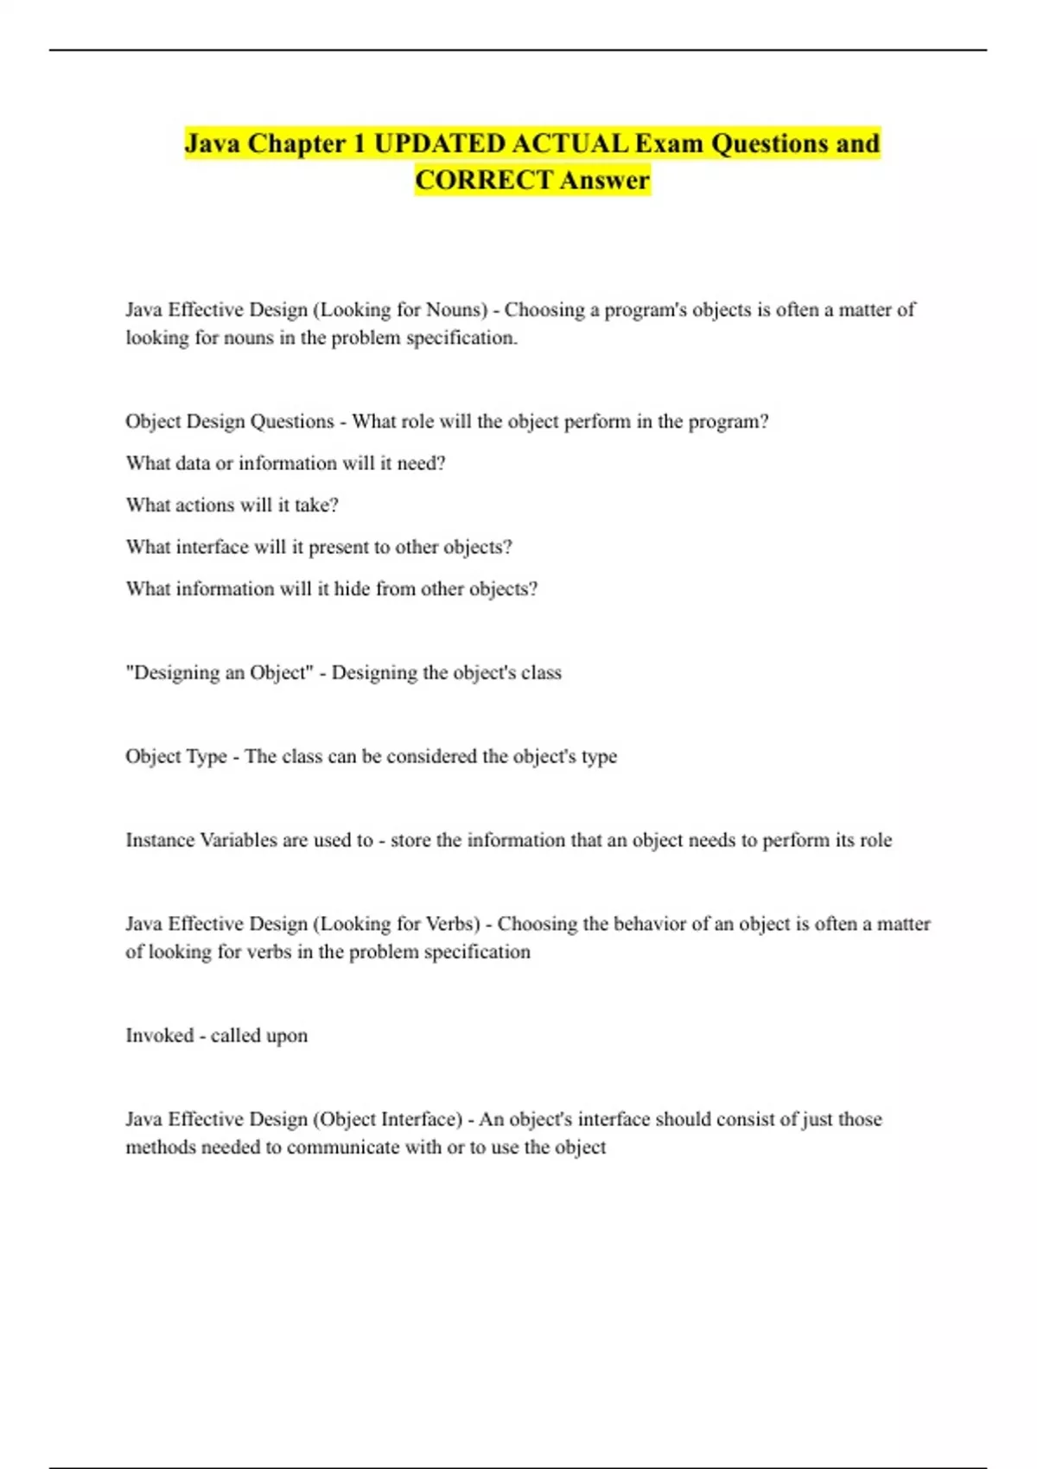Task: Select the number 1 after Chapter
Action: point(359,143)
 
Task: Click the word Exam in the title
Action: point(668,143)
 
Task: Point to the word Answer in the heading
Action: point(604,180)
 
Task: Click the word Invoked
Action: point(160,1035)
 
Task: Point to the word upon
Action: point(287,1036)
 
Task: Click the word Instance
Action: point(160,840)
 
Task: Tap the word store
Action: point(413,840)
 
